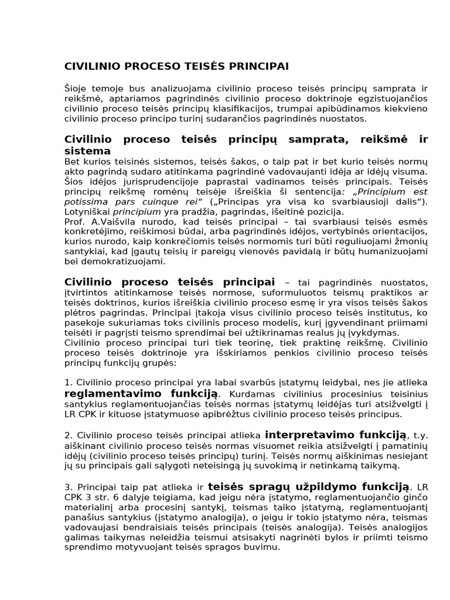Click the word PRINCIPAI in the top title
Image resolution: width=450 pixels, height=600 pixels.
(x=257, y=66)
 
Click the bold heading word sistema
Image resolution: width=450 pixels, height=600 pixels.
(x=87, y=151)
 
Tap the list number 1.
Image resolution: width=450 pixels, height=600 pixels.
(x=67, y=383)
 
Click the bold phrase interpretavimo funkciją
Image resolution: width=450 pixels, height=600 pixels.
(x=336, y=435)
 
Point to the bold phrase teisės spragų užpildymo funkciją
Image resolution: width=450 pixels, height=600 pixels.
(x=309, y=486)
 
